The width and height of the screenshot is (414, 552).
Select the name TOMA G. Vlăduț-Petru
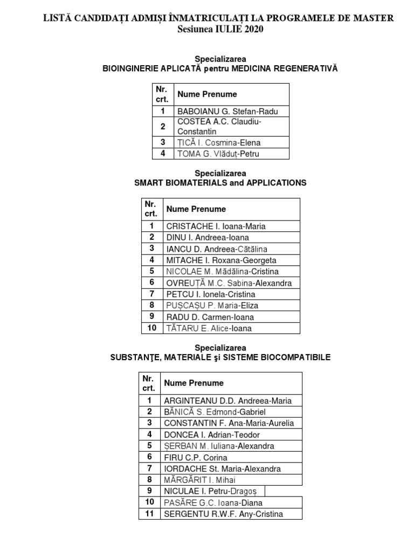(218, 154)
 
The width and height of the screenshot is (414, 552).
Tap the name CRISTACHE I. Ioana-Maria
(216, 226)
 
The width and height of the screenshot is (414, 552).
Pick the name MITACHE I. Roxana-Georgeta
(221, 260)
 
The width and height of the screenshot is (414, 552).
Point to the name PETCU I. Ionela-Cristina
(211, 294)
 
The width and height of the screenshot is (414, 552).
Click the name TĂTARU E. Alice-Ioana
(209, 328)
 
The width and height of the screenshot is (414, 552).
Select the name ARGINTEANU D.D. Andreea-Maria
(227, 401)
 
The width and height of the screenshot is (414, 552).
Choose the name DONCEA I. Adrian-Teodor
(212, 434)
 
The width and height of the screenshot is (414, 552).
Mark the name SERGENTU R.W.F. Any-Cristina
(223, 514)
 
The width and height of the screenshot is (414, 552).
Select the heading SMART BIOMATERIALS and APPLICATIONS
(220, 183)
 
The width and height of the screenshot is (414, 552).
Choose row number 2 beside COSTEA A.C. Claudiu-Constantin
(163, 127)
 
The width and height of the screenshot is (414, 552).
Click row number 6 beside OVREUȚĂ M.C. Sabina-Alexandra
(152, 283)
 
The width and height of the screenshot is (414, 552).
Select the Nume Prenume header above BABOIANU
(207, 94)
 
